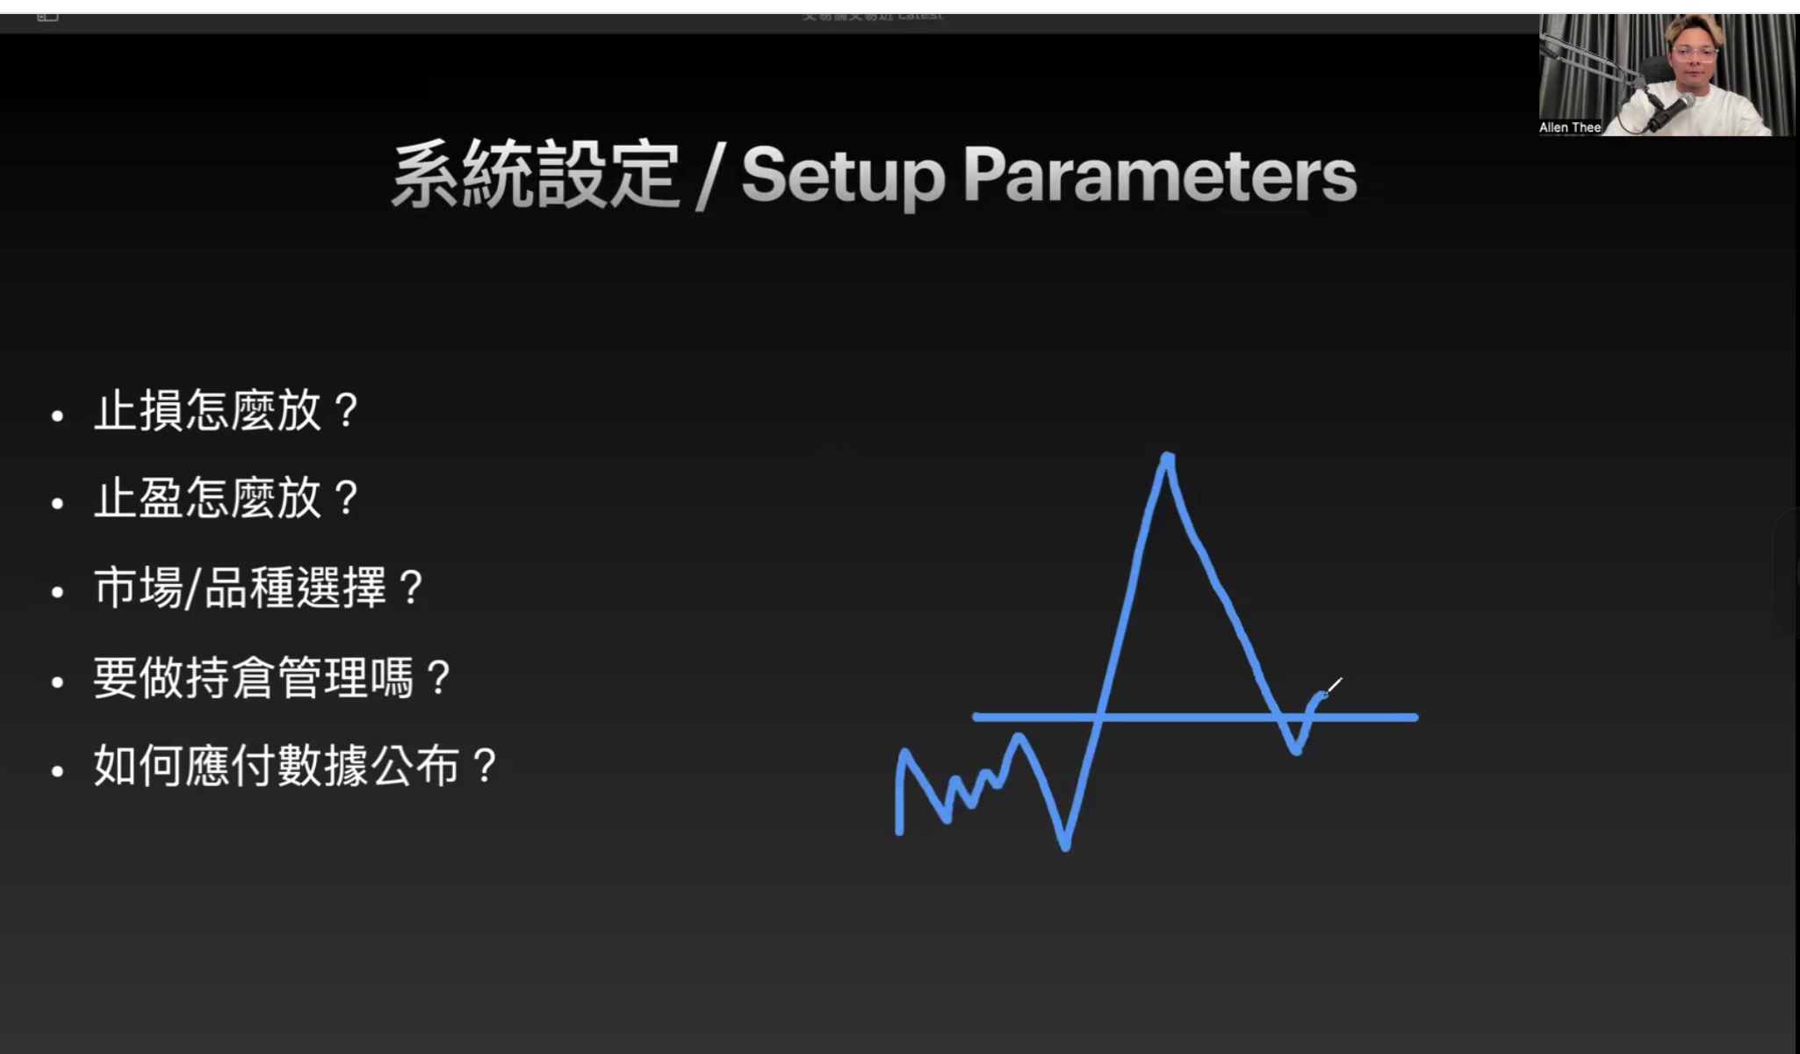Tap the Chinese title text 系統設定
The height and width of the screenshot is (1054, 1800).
(x=536, y=176)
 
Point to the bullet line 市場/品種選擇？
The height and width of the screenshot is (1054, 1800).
(x=259, y=588)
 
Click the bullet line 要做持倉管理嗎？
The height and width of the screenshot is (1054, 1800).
(x=272, y=678)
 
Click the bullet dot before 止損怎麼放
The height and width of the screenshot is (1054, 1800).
(x=58, y=415)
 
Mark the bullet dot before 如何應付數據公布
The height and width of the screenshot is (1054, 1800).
(x=58, y=771)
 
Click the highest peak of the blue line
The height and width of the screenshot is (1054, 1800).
(x=1167, y=457)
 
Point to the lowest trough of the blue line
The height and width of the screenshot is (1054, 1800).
(x=1065, y=846)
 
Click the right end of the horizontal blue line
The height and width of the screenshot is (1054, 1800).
(x=1414, y=718)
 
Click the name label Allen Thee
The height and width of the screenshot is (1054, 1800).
(x=1570, y=127)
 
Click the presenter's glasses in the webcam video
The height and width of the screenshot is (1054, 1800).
(x=1696, y=53)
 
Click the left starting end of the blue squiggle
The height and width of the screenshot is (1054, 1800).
(x=899, y=830)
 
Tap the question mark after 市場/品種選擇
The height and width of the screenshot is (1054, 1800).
(x=410, y=588)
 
